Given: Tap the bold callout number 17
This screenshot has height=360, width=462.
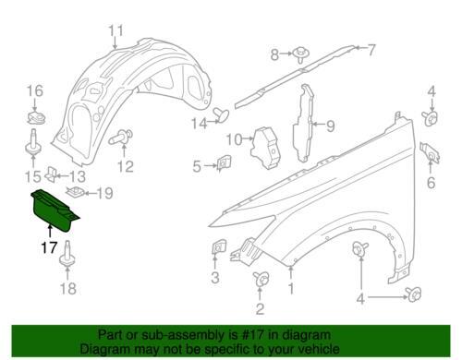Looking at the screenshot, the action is (50, 247).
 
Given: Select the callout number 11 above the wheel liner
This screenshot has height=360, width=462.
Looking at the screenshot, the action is (116, 31).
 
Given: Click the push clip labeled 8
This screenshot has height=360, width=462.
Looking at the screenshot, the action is (300, 54).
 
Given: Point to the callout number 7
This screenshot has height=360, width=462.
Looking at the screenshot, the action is (371, 50).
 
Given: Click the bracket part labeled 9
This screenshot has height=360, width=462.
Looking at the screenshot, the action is (303, 123).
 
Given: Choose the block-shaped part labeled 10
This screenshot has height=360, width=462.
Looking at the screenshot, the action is (266, 148).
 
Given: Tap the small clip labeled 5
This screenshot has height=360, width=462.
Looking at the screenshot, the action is (225, 163).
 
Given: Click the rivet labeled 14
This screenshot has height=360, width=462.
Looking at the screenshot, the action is (221, 114).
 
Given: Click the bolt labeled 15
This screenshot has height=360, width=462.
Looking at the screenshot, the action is (32, 142).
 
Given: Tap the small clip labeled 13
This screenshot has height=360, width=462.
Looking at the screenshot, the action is (51, 174).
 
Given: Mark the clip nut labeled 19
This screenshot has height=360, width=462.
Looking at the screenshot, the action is (76, 193).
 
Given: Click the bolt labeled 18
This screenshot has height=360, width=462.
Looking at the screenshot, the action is (67, 255).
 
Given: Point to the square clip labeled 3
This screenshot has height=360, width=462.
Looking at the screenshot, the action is (218, 247).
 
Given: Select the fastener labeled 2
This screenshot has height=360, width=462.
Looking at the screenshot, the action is (261, 280).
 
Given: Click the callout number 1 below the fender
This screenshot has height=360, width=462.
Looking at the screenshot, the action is (291, 289).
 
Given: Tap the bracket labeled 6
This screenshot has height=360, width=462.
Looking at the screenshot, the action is (430, 152).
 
